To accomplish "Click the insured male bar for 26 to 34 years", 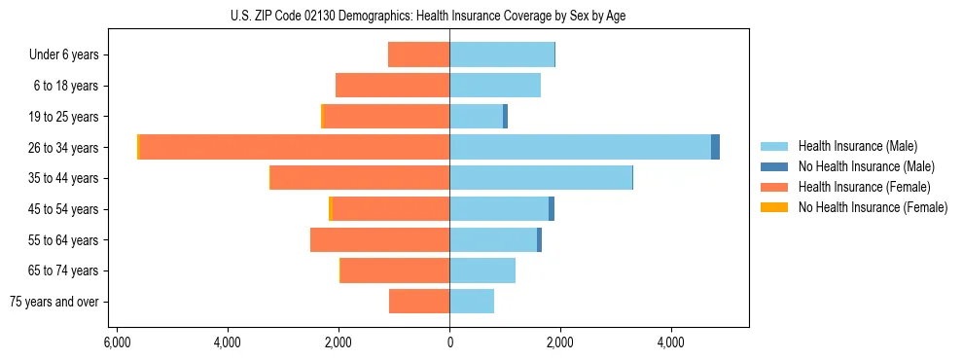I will tap(580, 147).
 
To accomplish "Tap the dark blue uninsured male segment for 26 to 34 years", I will tap(715, 147).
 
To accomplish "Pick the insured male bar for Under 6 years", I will tap(502, 54).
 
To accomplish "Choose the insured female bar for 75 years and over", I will tap(419, 302).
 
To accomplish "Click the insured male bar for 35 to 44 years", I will tap(541, 178).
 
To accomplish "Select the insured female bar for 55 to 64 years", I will tap(379, 239).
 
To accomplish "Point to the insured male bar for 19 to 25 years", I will tap(476, 117).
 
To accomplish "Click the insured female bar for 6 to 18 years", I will tap(392, 86).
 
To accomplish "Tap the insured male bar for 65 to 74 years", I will tap(482, 270).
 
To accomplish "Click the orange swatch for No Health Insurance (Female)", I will tap(774, 207).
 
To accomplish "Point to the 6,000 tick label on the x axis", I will tap(116, 342).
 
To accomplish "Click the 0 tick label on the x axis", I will tap(449, 342).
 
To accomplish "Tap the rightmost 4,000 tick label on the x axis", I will tap(671, 342).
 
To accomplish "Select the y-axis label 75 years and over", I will tap(54, 302).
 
